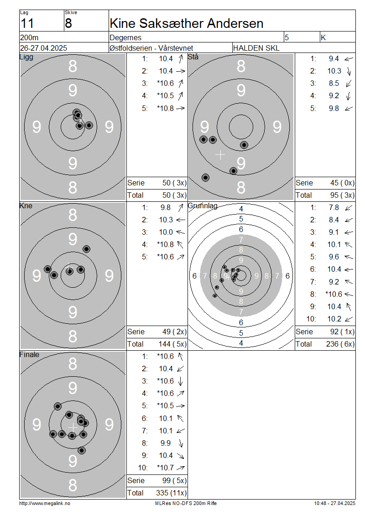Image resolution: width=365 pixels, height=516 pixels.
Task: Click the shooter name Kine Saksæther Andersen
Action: click(187, 23)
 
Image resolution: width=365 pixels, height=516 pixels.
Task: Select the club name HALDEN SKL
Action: click(256, 48)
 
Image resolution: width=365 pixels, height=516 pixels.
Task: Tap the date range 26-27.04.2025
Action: click(43, 48)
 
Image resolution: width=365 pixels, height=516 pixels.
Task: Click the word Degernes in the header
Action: click(125, 37)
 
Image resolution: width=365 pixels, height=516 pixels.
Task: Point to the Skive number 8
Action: click(68, 24)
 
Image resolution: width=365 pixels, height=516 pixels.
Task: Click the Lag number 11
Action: click(27, 24)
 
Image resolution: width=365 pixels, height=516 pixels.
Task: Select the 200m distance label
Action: click(29, 37)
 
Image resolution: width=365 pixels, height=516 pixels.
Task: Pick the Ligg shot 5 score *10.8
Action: click(166, 108)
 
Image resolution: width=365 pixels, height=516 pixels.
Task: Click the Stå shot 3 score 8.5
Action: click(334, 83)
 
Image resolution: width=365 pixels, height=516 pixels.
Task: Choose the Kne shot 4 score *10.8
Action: click(166, 244)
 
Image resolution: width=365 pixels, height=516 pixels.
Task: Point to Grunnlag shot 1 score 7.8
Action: click(334, 208)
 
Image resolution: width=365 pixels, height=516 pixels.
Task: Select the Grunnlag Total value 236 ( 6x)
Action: click(340, 344)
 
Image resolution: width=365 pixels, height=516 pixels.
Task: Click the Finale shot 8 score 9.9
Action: click(166, 443)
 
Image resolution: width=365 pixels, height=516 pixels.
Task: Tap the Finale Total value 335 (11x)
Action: click(171, 493)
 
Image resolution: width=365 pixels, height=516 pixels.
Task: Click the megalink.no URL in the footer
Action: click(45, 504)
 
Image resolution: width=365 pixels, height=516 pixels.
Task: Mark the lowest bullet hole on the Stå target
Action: click(205, 178)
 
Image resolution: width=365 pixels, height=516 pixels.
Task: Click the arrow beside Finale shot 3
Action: click(181, 381)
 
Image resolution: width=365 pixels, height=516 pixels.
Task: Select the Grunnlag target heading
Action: click(203, 206)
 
